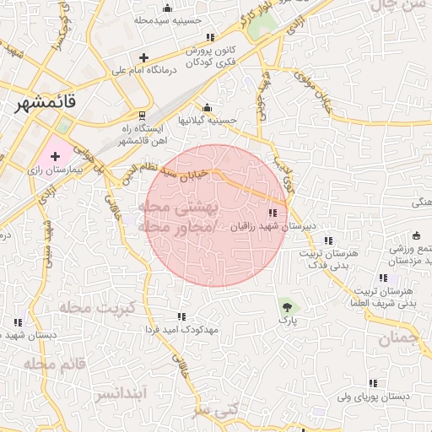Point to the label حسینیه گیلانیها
coord(206,120)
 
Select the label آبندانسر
coord(121,393)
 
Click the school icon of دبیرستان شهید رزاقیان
coord(272,213)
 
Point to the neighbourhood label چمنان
coord(398,340)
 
